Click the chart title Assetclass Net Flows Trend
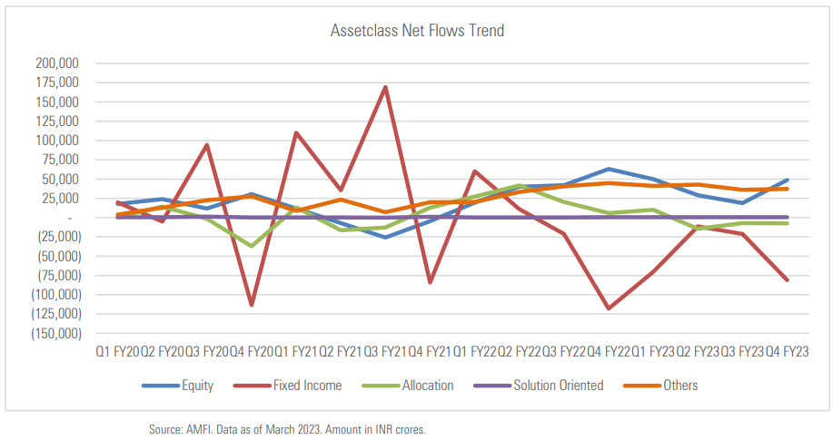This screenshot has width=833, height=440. tap(417, 31)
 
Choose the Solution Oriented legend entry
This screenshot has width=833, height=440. tap(558, 386)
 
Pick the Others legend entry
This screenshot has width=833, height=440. tap(680, 386)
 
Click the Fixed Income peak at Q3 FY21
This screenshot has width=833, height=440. tap(385, 87)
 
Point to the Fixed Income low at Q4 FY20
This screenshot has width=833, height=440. tap(251, 305)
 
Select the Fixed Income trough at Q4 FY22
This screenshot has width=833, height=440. tap(610, 308)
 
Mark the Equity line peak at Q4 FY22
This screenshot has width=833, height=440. tap(610, 169)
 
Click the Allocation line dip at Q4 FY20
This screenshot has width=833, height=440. tap(251, 246)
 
